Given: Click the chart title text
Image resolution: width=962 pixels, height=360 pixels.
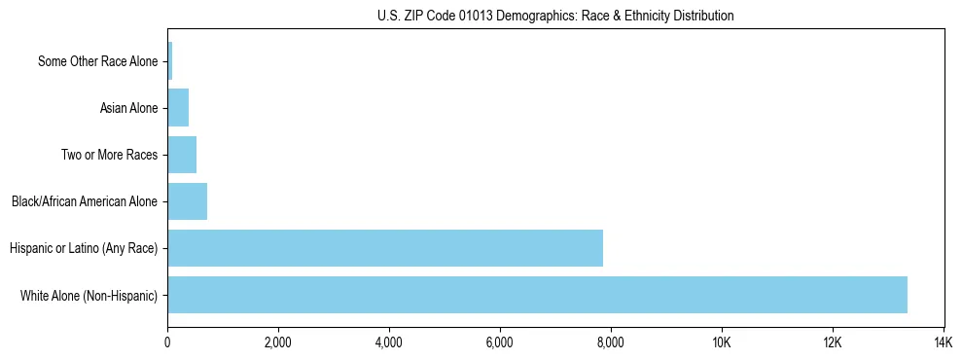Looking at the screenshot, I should tap(555, 16).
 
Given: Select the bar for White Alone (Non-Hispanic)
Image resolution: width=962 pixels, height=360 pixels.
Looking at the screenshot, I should tap(537, 295).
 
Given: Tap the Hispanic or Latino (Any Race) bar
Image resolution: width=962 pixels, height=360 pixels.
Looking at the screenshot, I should tap(385, 248).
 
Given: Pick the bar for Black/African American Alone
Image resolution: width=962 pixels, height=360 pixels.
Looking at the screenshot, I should tap(188, 201).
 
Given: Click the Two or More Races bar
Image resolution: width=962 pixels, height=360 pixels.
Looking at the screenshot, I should tap(182, 155).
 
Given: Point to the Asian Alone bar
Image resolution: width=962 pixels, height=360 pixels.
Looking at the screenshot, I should tap(178, 108).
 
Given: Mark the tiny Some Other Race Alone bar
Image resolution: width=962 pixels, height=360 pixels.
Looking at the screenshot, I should tap(170, 61).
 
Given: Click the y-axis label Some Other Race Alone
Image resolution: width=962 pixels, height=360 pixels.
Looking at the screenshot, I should tap(97, 62).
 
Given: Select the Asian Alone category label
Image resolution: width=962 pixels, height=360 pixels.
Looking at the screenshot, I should tap(128, 108).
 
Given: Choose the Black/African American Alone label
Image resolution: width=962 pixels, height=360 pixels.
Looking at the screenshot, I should tap(85, 202).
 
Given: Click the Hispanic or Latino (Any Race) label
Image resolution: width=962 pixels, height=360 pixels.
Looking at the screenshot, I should tap(84, 249).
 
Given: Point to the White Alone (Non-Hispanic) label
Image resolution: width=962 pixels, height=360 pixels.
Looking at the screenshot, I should tap(89, 296).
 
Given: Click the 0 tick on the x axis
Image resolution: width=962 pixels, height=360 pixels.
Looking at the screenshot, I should tap(167, 342).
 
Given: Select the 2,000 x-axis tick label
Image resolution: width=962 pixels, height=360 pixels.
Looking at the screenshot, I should tap(278, 342).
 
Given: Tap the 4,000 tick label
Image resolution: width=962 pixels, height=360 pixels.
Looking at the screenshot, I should tap(389, 342).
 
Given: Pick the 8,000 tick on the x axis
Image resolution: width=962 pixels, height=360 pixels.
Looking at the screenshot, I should tap(611, 342).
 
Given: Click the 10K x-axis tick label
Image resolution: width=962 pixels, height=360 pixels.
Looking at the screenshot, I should tap(722, 342).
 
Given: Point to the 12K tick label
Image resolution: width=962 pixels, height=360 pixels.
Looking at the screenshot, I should tap(833, 342).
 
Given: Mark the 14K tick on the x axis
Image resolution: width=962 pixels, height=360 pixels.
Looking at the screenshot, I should tap(944, 342).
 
